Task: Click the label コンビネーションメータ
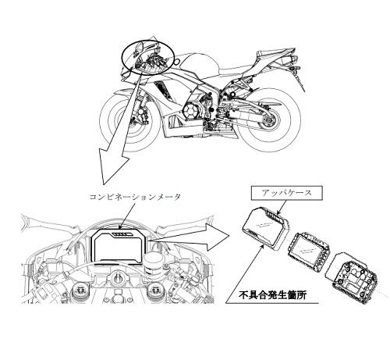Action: (x=134, y=197)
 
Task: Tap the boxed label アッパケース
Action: (x=287, y=193)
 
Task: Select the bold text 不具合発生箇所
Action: (x=272, y=295)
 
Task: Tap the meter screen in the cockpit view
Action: (x=119, y=248)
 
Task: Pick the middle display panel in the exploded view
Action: (x=309, y=248)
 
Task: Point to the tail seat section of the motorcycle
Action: (x=275, y=58)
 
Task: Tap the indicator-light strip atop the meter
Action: (x=122, y=234)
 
